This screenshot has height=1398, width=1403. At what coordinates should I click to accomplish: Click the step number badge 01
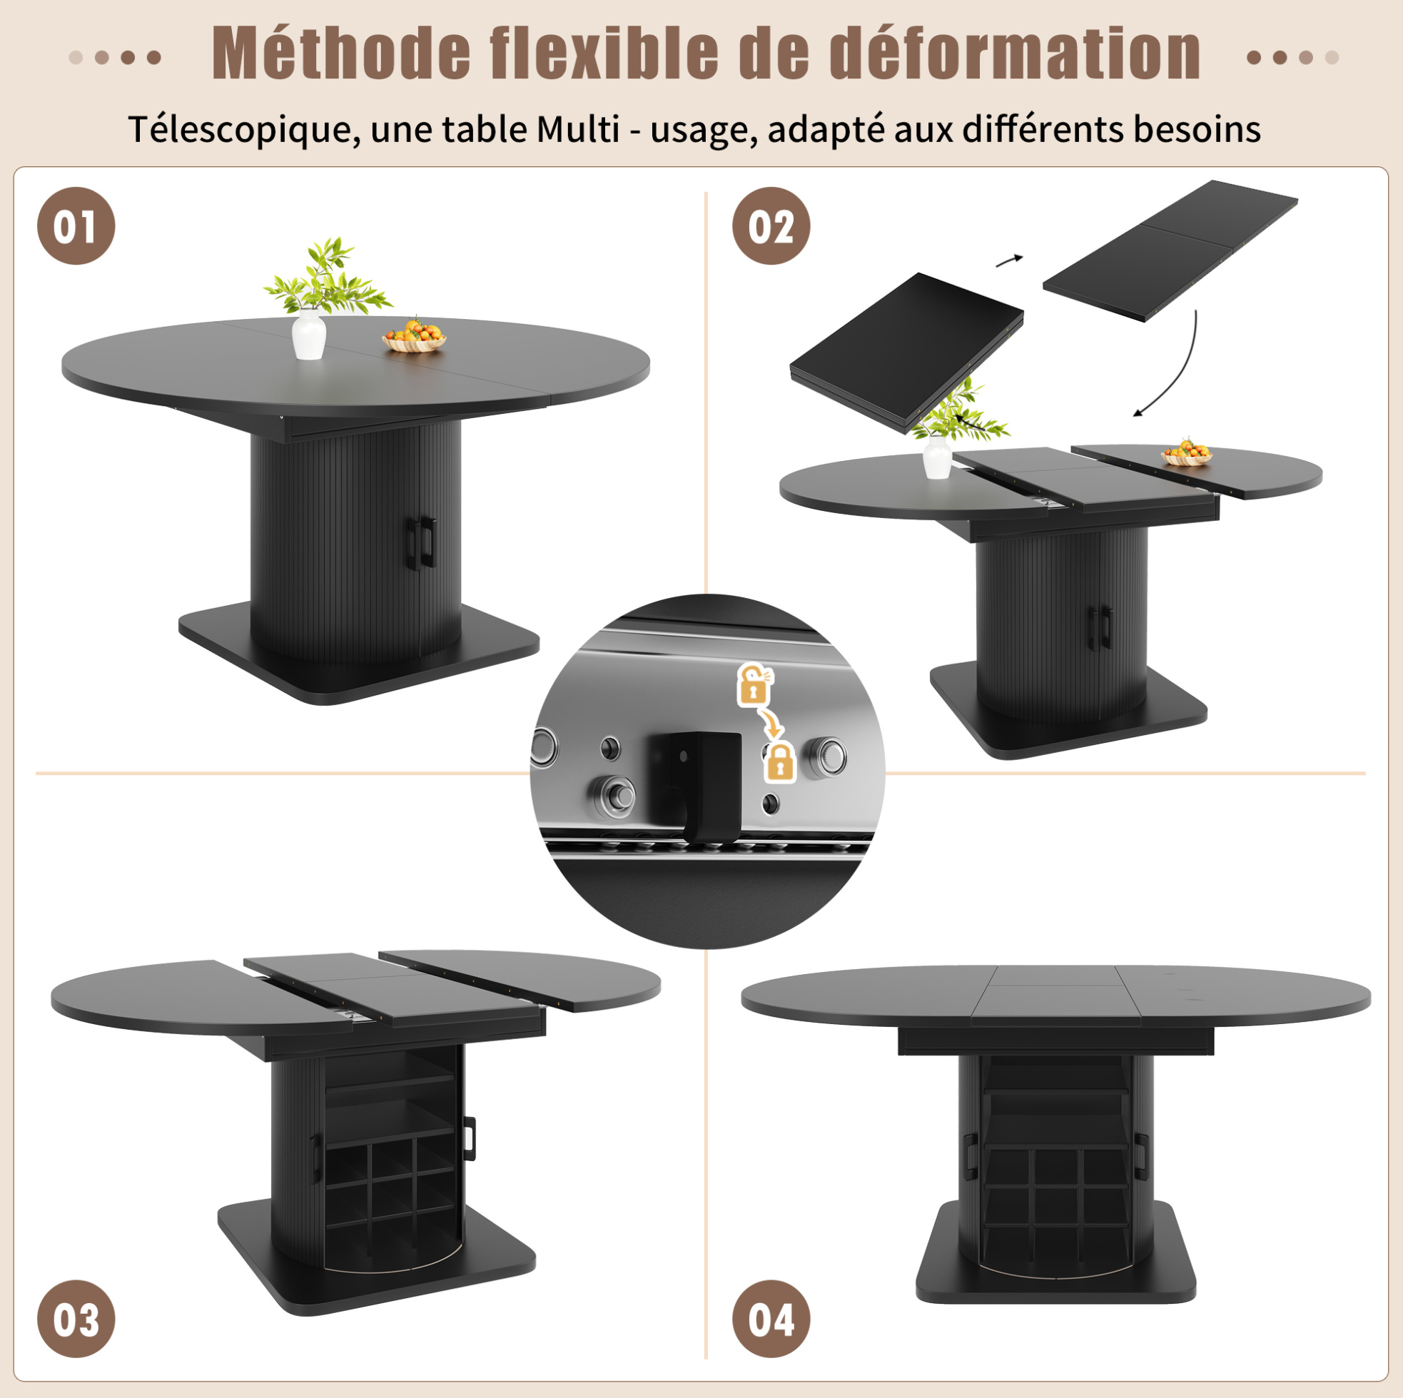click(76, 226)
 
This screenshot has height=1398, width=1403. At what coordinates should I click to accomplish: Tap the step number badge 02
click(771, 226)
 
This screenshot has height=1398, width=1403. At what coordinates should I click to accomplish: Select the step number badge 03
click(76, 1319)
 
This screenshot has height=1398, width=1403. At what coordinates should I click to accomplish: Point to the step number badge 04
click(771, 1319)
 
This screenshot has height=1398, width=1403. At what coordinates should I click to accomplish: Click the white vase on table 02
click(937, 457)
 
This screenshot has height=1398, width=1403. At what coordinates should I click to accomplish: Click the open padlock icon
click(755, 684)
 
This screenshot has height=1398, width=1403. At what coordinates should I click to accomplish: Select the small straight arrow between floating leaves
click(1009, 260)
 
